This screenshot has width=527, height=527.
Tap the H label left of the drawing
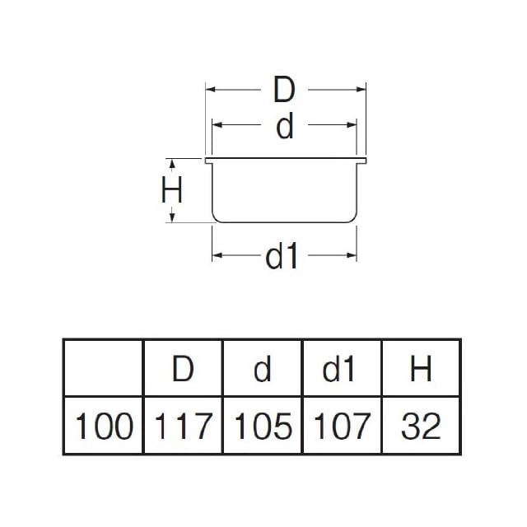click(171, 191)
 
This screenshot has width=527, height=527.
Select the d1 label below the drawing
click(282, 257)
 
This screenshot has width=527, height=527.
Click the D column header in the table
click(183, 369)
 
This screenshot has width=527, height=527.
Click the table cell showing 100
click(105, 426)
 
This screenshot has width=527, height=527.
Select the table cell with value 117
click(183, 426)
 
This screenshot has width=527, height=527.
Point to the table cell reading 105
click(263, 426)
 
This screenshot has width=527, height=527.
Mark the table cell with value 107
click(341, 426)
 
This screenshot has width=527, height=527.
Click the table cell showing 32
click(421, 426)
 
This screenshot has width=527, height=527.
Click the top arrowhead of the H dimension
click(171, 162)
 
